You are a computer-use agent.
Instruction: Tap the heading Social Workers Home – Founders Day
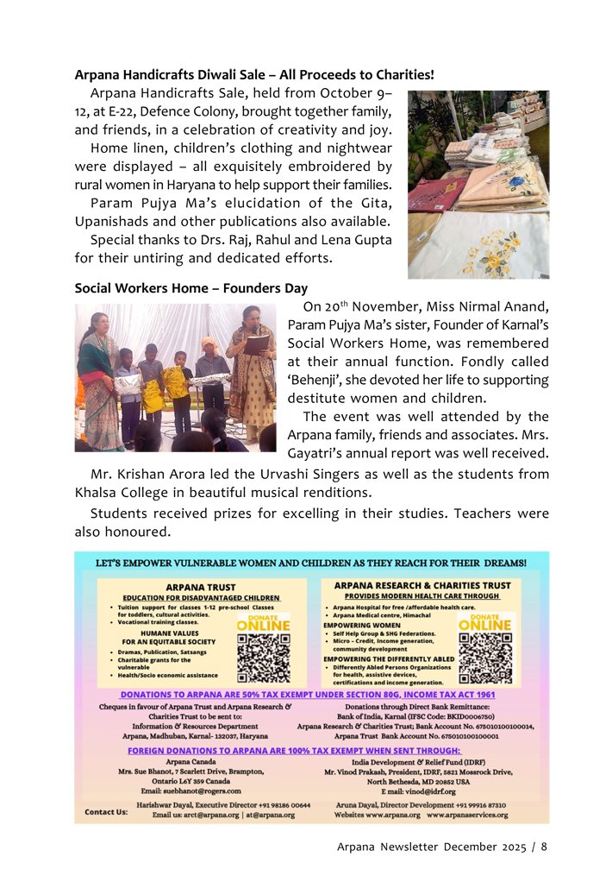(x=190, y=287)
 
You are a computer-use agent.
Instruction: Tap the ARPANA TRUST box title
(x=203, y=587)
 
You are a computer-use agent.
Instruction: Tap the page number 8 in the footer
(x=544, y=847)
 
